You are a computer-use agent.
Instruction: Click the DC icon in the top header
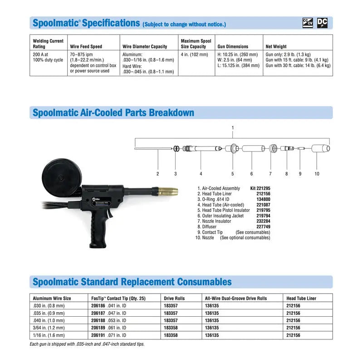coord(322,23)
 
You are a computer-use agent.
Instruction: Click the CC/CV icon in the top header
coord(308,23)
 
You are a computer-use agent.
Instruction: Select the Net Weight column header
coord(276,46)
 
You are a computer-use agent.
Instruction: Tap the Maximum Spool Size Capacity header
coord(193,44)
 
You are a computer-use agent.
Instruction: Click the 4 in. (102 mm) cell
coord(194,54)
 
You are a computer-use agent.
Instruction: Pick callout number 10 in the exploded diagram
coord(317,173)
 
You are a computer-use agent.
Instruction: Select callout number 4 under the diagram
coord(201,173)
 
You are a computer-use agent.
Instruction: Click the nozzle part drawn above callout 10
coord(320,148)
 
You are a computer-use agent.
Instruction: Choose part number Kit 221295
coord(260,188)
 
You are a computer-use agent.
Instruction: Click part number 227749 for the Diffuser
coord(263,226)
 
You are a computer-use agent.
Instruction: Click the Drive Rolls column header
coord(175,298)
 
